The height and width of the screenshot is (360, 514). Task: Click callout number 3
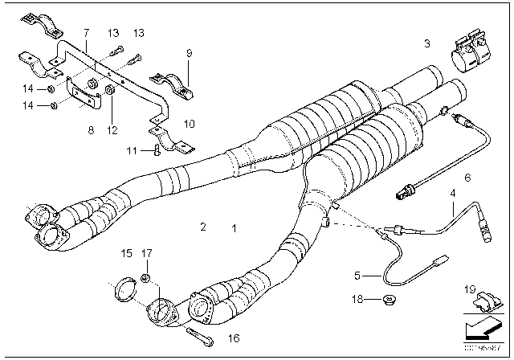coord(428,42)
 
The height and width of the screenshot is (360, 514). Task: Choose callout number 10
coord(190,125)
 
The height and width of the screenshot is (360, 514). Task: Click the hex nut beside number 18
coord(390,300)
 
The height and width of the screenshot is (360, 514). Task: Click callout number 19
coord(471,288)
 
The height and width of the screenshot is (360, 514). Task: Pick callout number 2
coord(204,228)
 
